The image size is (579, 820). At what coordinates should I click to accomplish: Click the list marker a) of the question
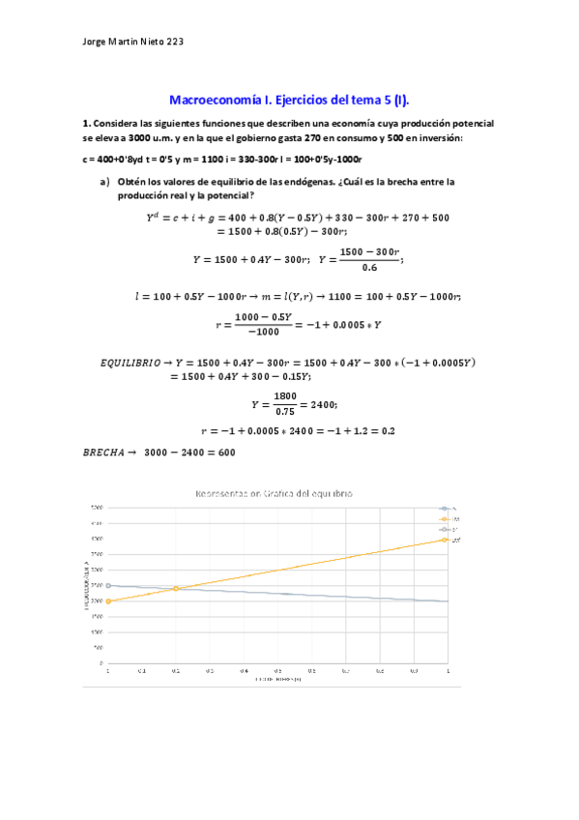point(104,181)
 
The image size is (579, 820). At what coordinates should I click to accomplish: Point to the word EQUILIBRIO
point(132,363)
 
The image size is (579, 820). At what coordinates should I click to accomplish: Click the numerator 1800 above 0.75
point(285,395)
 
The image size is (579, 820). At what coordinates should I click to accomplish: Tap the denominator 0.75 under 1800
point(285,410)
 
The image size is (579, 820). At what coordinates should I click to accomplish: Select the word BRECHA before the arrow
point(107,452)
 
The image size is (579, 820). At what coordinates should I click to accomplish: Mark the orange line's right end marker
point(446,540)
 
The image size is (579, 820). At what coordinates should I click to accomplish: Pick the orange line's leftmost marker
point(108,600)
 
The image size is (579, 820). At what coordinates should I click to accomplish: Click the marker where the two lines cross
point(176,588)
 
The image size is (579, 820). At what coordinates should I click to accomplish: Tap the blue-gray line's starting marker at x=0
point(108,585)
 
